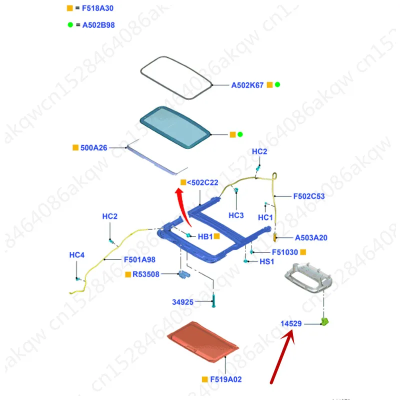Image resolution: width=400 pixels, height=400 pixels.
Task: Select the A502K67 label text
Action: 247,85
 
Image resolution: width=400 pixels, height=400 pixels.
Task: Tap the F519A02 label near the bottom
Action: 225,379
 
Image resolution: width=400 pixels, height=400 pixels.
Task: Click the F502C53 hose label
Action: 308,196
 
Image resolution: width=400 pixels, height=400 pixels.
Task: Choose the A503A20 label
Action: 311,237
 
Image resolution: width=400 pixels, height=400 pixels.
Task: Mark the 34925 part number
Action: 182,301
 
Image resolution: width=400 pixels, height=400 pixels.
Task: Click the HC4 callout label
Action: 76,255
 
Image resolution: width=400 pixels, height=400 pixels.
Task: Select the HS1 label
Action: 266,261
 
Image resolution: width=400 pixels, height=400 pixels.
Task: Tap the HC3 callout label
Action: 235,215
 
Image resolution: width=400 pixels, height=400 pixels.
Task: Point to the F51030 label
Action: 284,252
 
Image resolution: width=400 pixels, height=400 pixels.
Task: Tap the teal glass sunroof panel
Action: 174,128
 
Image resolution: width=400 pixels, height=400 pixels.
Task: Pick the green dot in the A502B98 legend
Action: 70,24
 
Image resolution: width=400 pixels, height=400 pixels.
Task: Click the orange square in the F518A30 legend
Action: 70,8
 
